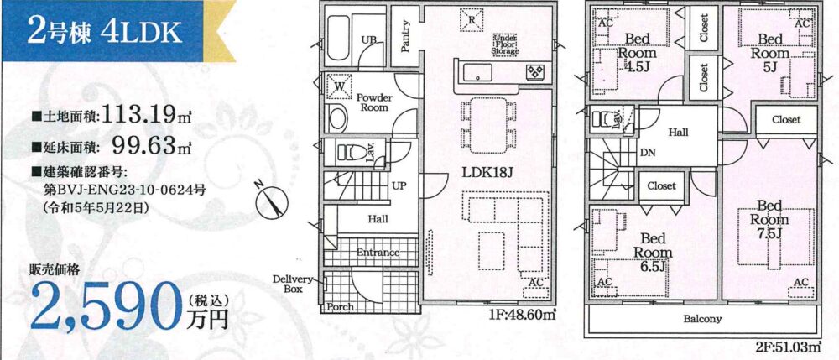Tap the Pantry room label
pyautogui.click(x=405, y=36)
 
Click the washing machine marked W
pyautogui.click(x=339, y=86)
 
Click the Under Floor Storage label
pyautogui.click(x=506, y=44)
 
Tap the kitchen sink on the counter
pyautogui.click(x=478, y=72)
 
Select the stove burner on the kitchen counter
pyautogui.click(x=534, y=71)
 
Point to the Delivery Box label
pyautogui.click(x=292, y=284)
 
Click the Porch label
pyautogui.click(x=339, y=307)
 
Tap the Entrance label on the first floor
pyautogui.click(x=378, y=253)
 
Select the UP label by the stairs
pyautogui.click(x=399, y=185)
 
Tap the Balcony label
pyautogui.click(x=702, y=320)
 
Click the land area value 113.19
pyautogui.click(x=139, y=114)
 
